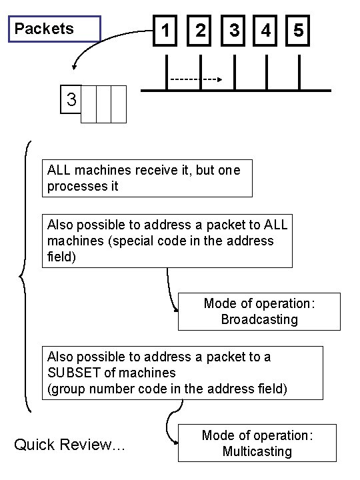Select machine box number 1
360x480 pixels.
pos(165,31)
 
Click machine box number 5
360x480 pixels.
pos(298,31)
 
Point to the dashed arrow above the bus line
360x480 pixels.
pos(196,79)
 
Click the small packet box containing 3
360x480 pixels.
pos(71,101)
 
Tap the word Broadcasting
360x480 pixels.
pos(259,319)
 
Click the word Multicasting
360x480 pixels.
pos(257,451)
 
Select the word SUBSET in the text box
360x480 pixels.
pos(73,372)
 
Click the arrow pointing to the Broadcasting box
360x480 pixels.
pos(170,290)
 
